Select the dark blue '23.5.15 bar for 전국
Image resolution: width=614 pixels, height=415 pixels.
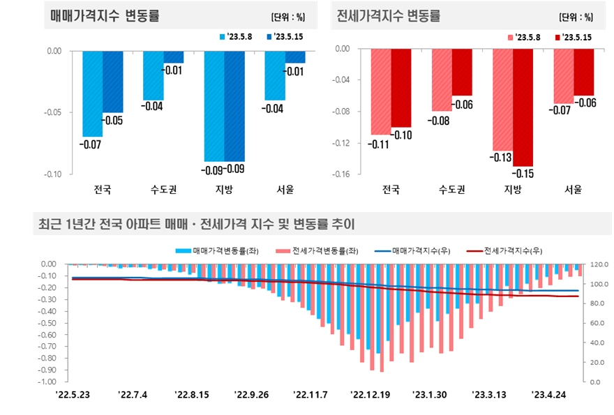(113, 82)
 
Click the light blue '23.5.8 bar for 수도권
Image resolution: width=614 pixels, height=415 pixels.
(153, 75)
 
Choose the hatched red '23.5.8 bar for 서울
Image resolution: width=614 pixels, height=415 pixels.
(564, 76)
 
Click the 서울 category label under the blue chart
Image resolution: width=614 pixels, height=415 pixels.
(285, 190)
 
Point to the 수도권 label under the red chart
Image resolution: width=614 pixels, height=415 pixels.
(451, 190)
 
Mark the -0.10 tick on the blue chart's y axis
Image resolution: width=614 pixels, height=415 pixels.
(53, 174)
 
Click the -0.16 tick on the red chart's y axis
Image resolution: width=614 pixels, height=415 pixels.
(340, 174)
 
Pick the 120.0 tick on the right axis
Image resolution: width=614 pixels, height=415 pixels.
(600, 265)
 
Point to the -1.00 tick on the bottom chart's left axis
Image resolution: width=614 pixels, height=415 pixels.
(47, 382)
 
